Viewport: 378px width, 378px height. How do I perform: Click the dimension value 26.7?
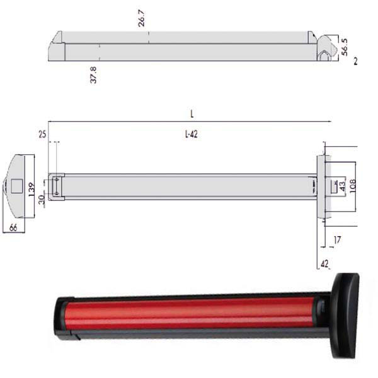(x=142, y=18)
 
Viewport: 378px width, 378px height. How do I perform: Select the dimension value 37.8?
(x=93, y=75)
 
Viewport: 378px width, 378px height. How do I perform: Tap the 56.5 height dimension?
(x=345, y=47)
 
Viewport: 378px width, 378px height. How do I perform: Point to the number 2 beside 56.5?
(x=355, y=62)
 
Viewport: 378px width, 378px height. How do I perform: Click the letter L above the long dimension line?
(x=192, y=114)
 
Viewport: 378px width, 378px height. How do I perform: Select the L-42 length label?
(x=191, y=134)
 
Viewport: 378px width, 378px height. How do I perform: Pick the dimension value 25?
(x=42, y=134)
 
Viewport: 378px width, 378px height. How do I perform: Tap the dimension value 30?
(x=42, y=200)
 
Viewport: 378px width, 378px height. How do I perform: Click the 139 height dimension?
(x=31, y=190)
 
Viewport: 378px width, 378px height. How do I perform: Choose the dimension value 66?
(x=13, y=227)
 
